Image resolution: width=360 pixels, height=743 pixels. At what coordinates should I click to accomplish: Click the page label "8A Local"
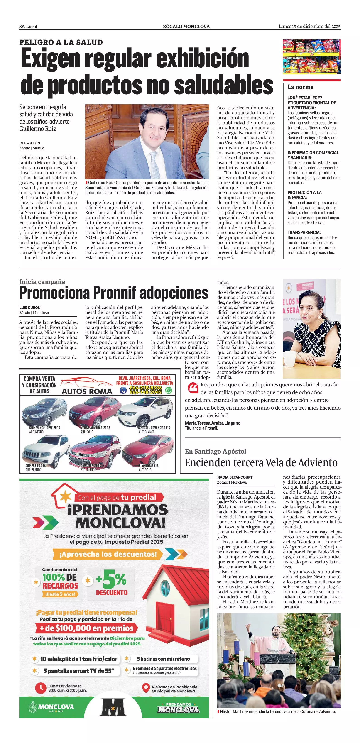point(28,27)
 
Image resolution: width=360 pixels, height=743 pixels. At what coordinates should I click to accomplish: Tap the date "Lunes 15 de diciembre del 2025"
point(309,27)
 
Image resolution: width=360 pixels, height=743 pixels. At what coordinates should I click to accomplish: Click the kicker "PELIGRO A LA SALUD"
point(61,42)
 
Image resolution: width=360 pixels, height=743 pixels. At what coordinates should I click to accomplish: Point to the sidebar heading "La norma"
point(300,87)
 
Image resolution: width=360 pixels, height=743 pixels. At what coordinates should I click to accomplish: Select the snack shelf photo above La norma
point(311,57)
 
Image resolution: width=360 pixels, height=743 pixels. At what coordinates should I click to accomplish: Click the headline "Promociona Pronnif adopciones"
point(114,293)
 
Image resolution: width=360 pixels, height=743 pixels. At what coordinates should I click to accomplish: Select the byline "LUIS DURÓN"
point(30,308)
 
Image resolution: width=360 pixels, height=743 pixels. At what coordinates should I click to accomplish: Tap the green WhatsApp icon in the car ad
point(169,391)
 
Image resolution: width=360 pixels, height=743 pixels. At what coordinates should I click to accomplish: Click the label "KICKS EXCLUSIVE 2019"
point(45,428)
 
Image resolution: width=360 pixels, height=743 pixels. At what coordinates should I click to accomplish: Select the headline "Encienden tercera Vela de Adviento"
point(261,462)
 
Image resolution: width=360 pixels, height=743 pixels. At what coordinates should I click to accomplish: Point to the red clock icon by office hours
point(41,688)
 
